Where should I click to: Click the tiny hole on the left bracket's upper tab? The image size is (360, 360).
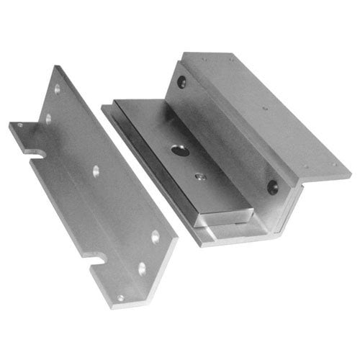[19, 125]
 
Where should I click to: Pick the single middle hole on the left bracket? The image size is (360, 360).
[95, 171]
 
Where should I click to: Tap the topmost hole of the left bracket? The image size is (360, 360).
[57, 89]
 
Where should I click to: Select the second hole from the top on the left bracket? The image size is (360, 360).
[49, 117]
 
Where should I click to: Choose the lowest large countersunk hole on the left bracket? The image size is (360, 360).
[141, 268]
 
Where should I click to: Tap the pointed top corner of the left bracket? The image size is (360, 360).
[56, 66]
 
